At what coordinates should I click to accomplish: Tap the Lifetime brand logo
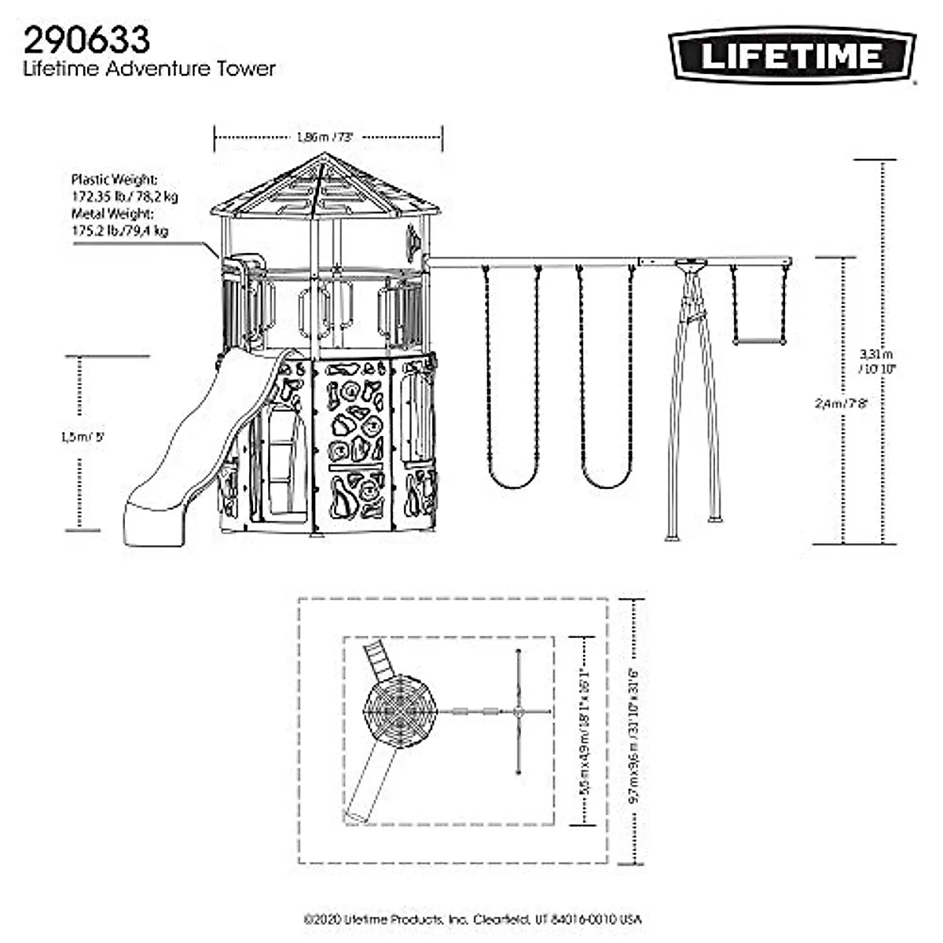click(792, 56)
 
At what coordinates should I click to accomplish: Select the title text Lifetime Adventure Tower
click(149, 69)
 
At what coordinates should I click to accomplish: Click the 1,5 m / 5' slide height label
click(82, 438)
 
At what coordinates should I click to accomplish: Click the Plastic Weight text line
click(114, 179)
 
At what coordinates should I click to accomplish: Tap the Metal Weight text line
click(112, 213)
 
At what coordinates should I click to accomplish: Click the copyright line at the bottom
click(472, 919)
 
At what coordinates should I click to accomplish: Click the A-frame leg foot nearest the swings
click(673, 538)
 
